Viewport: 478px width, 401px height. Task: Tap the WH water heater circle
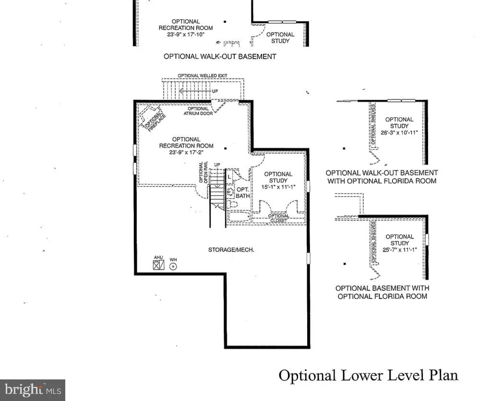click(173, 267)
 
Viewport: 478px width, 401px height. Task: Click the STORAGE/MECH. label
click(231, 249)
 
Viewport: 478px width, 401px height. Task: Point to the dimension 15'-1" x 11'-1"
click(278, 187)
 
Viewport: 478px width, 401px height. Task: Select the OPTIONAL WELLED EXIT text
click(202, 76)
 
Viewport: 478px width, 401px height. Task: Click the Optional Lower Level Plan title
click(368, 375)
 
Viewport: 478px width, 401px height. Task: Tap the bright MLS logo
click(32, 390)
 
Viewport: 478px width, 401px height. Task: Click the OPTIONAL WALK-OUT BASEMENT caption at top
click(220, 56)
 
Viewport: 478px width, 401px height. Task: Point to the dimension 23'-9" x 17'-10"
click(179, 34)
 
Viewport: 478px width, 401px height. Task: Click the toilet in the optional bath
click(233, 205)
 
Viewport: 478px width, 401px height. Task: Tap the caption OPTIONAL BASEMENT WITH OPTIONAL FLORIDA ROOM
click(382, 292)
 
